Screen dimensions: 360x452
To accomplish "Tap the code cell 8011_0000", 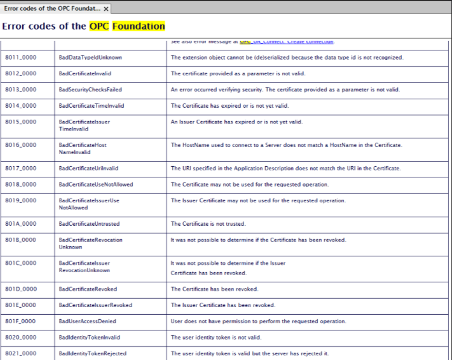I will tap(21, 58).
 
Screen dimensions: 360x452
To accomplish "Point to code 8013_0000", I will tap(21, 90).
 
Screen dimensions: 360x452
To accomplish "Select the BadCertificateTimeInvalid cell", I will tap(91, 105).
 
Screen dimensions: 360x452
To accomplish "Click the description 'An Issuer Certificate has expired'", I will tap(236, 122).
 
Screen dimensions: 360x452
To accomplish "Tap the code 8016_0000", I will tap(21, 145).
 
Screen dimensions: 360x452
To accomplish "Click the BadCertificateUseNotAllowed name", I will tap(96, 184).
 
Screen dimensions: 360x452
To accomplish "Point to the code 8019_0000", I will tap(21, 200).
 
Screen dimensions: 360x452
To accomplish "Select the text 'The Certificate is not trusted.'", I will tap(208, 223).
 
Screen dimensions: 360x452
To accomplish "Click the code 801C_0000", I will tap(21, 262).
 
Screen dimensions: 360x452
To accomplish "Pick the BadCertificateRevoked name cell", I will tap(88, 289).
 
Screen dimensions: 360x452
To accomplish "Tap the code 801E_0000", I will tap(21, 305).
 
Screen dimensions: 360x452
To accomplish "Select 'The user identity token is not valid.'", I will tap(216, 337).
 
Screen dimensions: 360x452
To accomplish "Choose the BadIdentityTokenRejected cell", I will tap(92, 353).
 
